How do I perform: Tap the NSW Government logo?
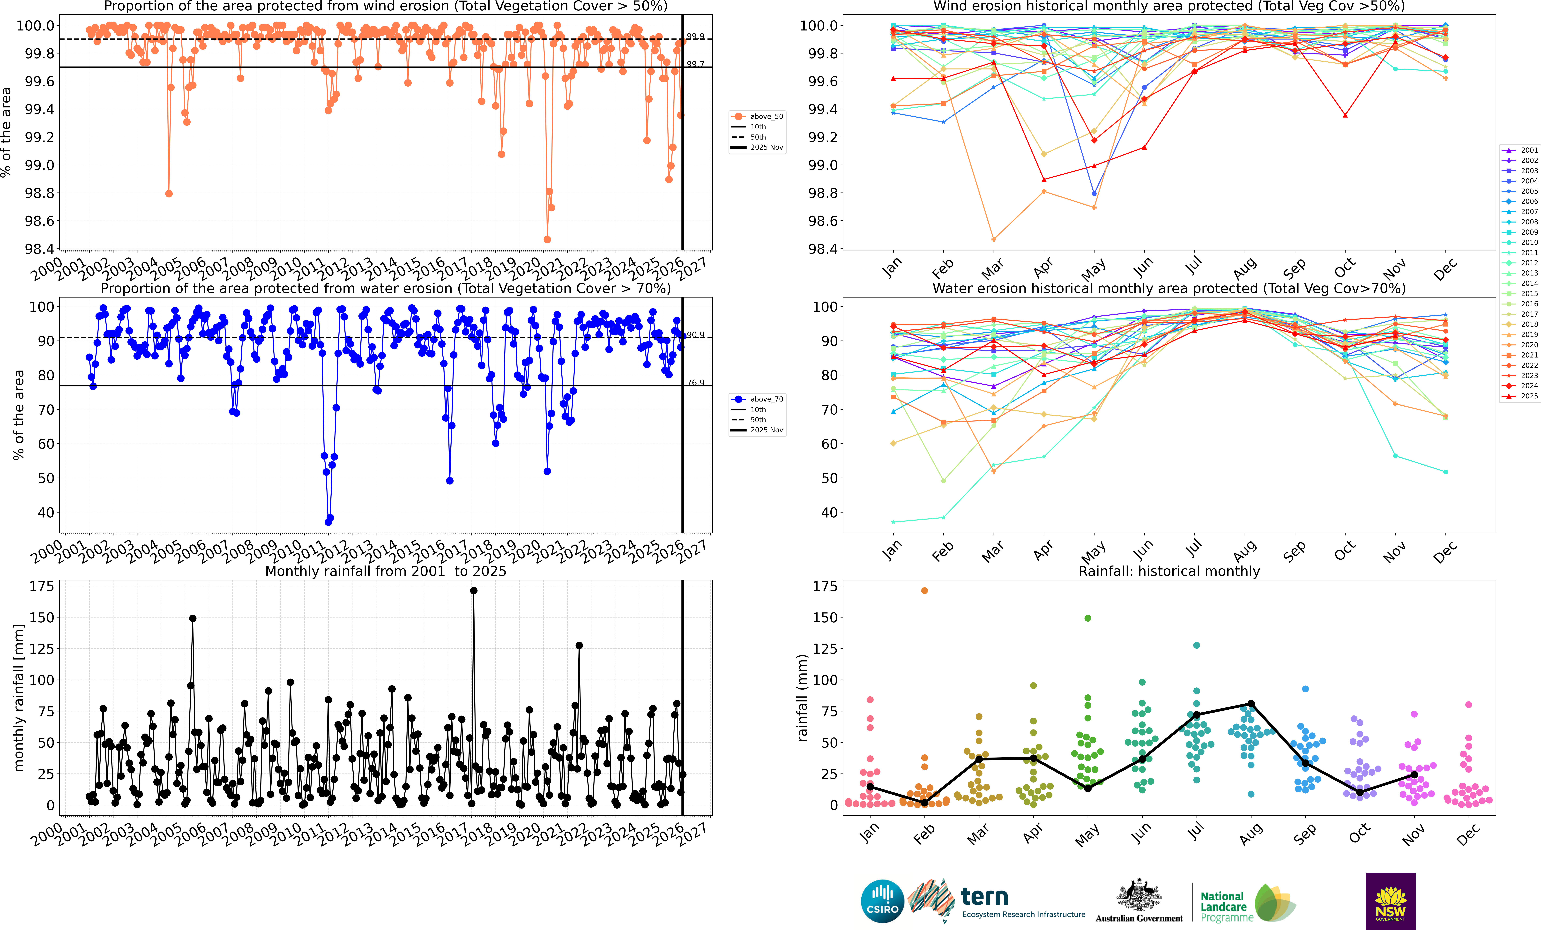point(1390,901)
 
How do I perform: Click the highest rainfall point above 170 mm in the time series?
point(473,590)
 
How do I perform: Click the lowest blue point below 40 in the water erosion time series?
point(328,522)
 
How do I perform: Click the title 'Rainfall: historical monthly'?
point(1169,571)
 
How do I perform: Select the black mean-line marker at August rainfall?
point(1251,704)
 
